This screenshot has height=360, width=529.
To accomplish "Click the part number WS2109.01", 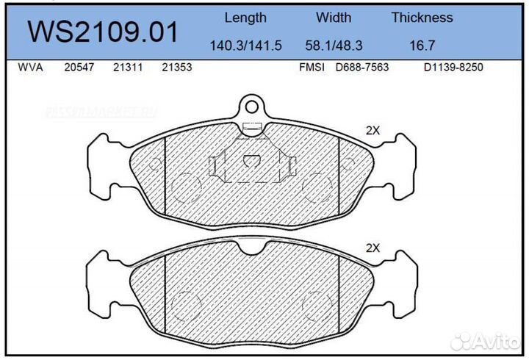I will pyautogui.click(x=103, y=32).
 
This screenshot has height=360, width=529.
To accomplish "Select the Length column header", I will pyautogui.click(x=245, y=18).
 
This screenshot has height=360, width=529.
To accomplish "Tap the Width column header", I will pyautogui.click(x=334, y=18).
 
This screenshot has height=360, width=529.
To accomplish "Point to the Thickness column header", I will pyautogui.click(x=422, y=18).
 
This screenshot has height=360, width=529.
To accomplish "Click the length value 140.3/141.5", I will pyautogui.click(x=245, y=45).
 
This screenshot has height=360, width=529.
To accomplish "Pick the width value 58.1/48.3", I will pyautogui.click(x=334, y=45).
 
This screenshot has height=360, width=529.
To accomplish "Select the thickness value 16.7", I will pyautogui.click(x=422, y=45).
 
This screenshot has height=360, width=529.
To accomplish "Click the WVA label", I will pyautogui.click(x=29, y=68).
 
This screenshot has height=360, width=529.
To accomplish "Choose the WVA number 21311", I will pyautogui.click(x=128, y=68).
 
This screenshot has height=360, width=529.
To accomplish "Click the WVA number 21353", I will pyautogui.click(x=176, y=68).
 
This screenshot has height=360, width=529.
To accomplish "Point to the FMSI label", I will pyautogui.click(x=312, y=68).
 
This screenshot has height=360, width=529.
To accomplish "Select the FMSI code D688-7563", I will pyautogui.click(x=361, y=68).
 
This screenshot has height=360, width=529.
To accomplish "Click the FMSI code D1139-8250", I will pyautogui.click(x=453, y=68).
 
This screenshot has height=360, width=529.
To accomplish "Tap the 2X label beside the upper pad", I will pyautogui.click(x=373, y=131).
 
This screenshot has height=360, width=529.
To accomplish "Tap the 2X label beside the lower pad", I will pyautogui.click(x=373, y=248).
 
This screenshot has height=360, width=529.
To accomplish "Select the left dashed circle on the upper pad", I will pyautogui.click(x=187, y=185).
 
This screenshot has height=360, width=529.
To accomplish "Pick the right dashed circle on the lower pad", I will pyautogui.click(x=318, y=302).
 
